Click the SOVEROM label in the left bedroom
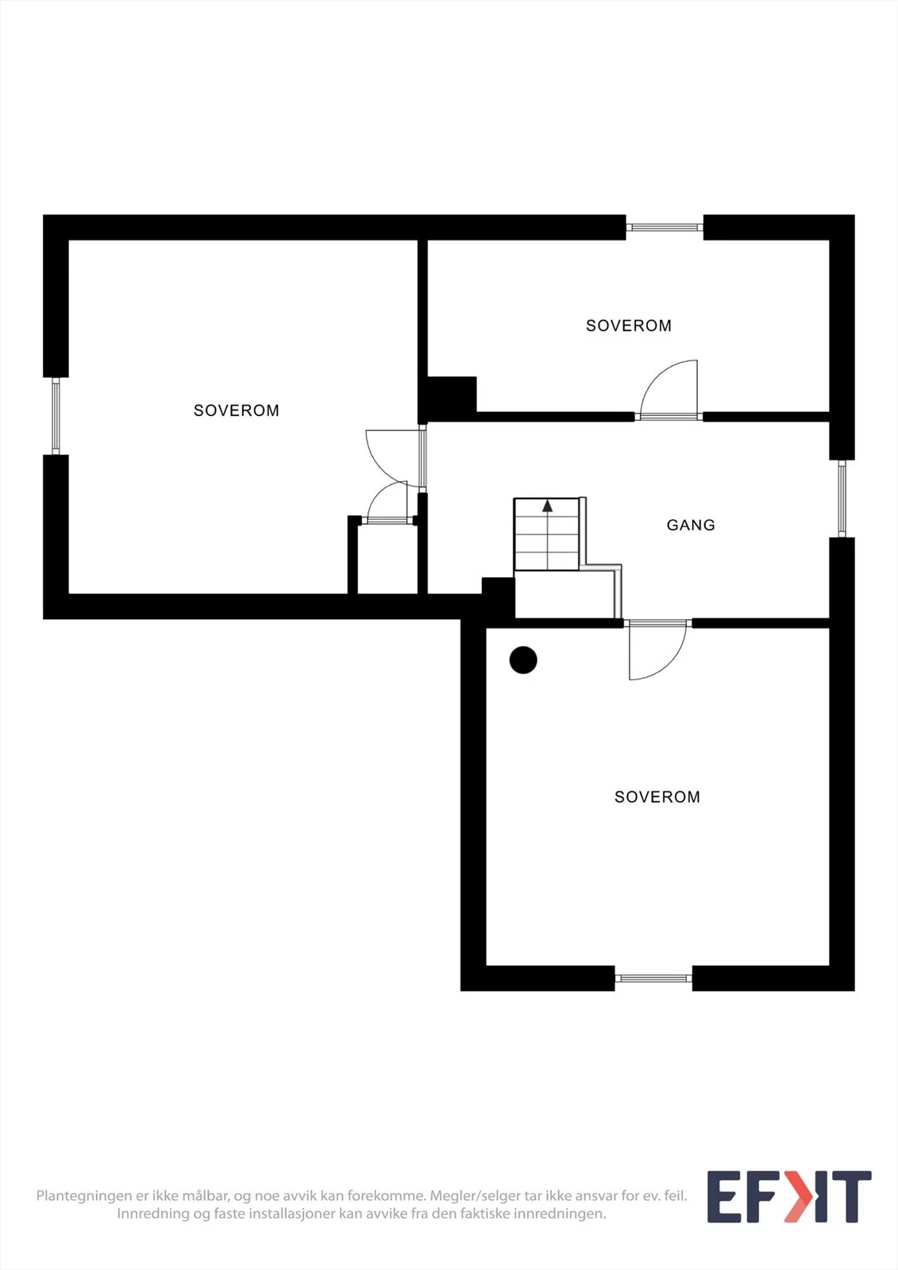[x=237, y=410]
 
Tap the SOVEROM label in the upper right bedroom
[x=629, y=325]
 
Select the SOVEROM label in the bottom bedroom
[x=657, y=797]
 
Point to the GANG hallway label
[x=691, y=525]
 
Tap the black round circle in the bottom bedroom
[x=523, y=660]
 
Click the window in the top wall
[x=665, y=227]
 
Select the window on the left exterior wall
[x=56, y=416]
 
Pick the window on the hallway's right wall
[x=842, y=498]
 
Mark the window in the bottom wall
[x=653, y=978]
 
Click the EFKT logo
[x=789, y=1196]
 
